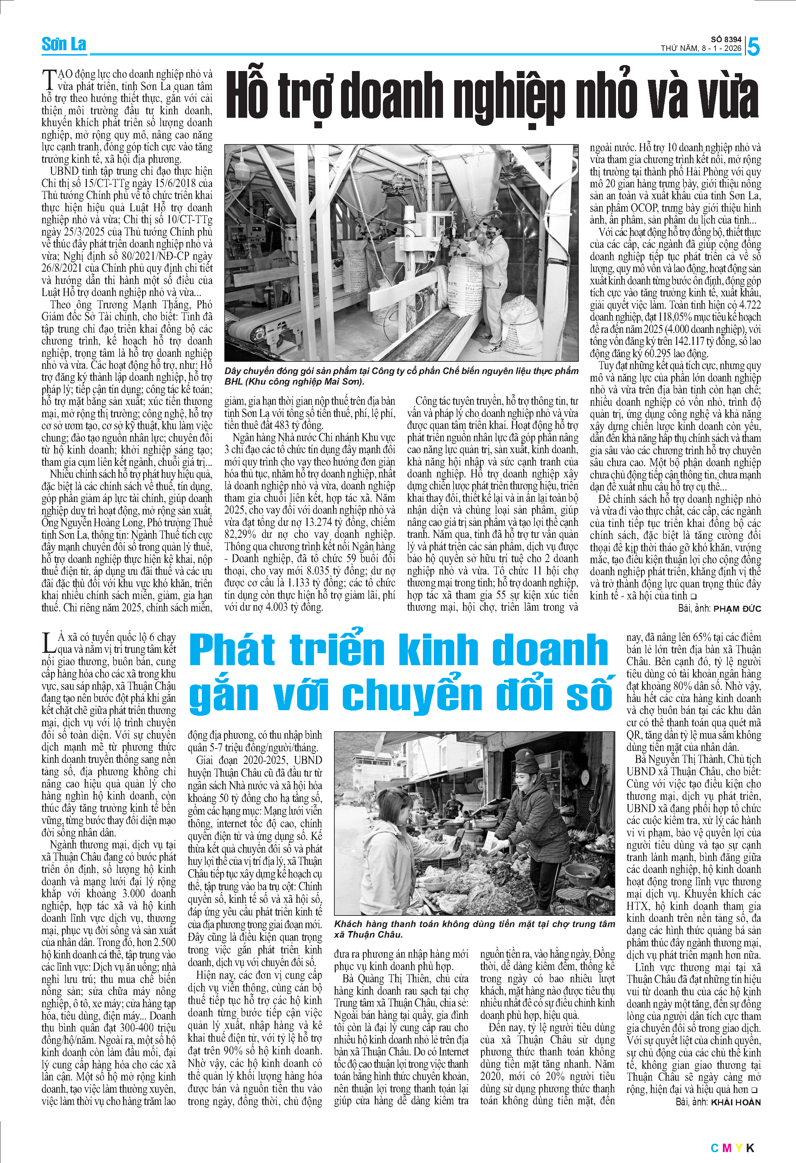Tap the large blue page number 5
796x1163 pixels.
tap(753, 47)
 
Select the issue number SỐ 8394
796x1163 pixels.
tap(726, 39)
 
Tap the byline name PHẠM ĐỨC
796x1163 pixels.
tap(737, 609)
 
